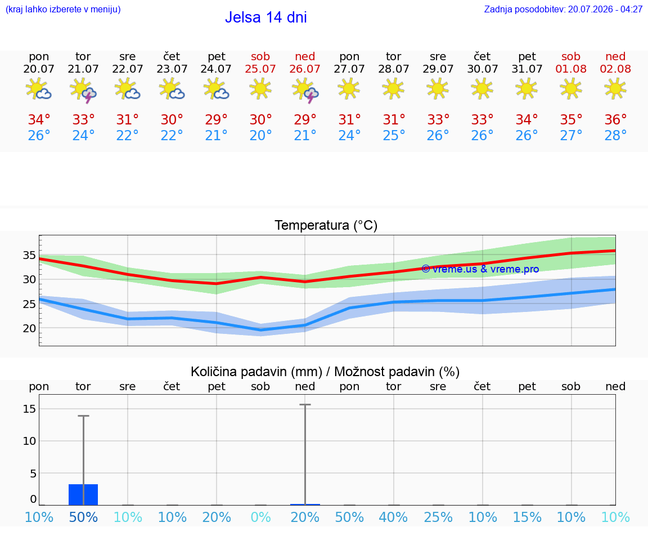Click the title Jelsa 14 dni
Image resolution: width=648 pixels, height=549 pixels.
[x=265, y=17]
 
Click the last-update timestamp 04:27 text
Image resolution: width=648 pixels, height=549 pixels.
[x=632, y=9]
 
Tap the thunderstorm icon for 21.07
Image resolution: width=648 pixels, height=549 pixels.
[x=83, y=90]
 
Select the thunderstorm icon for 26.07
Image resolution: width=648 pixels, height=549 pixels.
[x=305, y=90]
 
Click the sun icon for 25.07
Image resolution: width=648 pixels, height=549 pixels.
[x=260, y=89]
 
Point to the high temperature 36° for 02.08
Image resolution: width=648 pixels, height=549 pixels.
[x=615, y=119]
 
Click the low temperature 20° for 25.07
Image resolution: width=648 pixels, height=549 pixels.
[x=260, y=135]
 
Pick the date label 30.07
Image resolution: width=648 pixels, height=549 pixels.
[x=482, y=69]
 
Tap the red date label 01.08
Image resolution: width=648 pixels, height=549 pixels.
[x=571, y=69]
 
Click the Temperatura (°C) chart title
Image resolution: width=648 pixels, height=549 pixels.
[x=326, y=225]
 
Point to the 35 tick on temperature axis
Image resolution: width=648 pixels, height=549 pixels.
[x=29, y=255]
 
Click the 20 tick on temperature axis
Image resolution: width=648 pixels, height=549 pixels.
[x=29, y=328]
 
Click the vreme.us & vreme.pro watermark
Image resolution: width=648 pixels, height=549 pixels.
[x=480, y=269]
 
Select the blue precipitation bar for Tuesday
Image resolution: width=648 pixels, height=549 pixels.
[x=83, y=494]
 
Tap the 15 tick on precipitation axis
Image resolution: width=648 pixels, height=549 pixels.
[x=29, y=409]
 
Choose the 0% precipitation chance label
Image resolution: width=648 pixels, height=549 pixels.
[x=260, y=517]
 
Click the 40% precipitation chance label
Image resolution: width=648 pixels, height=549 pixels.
[x=393, y=517]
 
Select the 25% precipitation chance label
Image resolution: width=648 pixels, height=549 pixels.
[x=438, y=517]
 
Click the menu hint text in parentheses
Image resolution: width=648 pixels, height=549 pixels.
[x=63, y=9]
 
